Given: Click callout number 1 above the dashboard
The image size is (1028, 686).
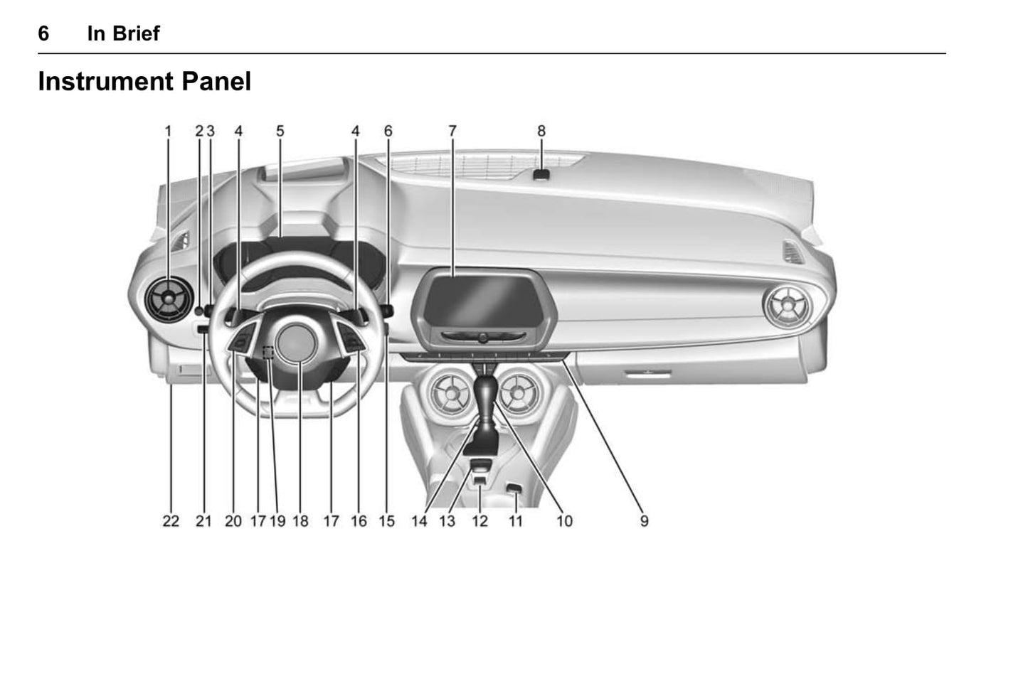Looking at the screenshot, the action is click(168, 131).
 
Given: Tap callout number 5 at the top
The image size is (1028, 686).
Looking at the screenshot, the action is click(280, 131).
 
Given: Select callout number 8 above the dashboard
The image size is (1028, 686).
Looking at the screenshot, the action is click(541, 131).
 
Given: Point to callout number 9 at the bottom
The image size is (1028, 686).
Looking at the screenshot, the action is click(645, 521).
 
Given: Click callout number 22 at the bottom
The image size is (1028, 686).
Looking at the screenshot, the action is click(171, 521).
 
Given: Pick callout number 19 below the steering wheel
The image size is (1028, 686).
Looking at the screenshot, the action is click(277, 521).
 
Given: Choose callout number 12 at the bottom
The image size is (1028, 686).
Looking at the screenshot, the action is click(480, 521).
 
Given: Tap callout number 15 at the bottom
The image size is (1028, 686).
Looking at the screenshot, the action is click(387, 521).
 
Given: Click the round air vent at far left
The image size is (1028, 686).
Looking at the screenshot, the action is click(169, 299).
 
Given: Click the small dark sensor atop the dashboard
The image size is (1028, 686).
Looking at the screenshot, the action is click(542, 175).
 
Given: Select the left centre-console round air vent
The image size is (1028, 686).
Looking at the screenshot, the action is click(450, 392).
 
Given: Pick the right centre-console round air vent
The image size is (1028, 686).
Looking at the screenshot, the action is click(518, 392).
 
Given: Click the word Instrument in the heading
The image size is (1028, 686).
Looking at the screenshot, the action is click(106, 82).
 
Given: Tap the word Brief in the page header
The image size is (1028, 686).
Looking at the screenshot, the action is click(137, 33).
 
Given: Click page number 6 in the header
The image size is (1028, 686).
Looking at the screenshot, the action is click(43, 33).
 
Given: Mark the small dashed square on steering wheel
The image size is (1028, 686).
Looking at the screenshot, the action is click(268, 352).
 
